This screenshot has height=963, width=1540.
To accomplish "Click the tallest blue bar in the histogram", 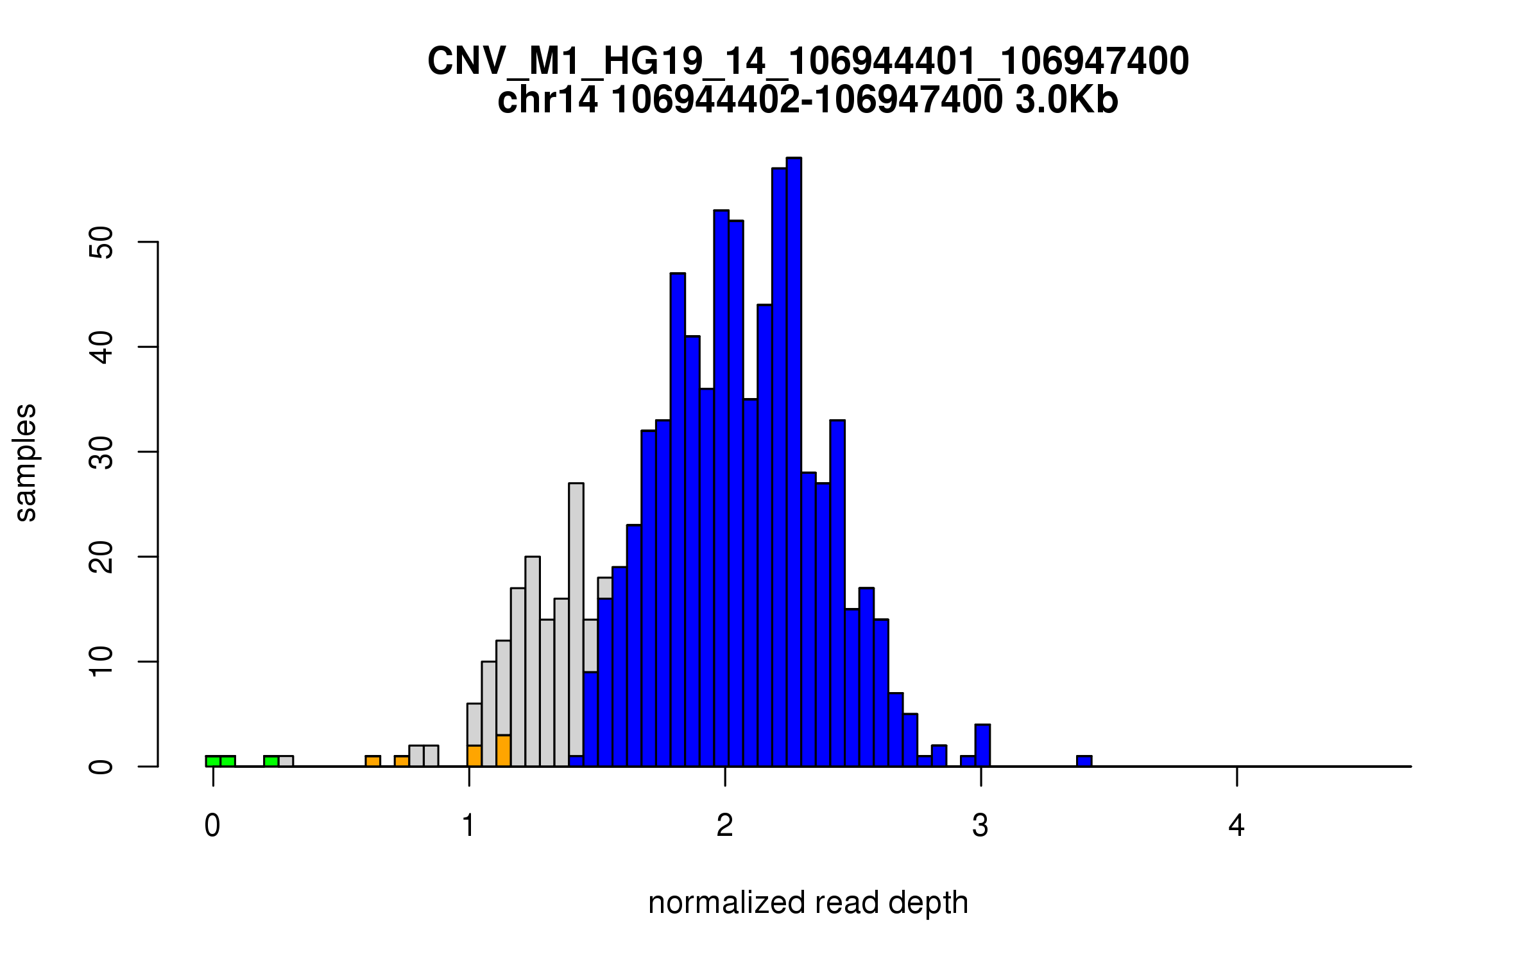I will pos(794,462).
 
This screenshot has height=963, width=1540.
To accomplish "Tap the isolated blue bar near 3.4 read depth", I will pos(1084,761).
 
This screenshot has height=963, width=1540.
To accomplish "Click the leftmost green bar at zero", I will pos(213,761).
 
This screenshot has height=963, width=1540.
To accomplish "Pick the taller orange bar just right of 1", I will pos(504,751).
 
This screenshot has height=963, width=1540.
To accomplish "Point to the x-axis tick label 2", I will pos(725,826).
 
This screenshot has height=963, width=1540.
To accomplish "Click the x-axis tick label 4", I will pos(1236,826).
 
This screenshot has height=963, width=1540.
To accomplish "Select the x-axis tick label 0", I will pos(212,826).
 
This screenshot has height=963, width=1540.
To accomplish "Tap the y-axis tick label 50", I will pos(101,242).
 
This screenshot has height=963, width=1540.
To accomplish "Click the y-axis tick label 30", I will pos(101,452).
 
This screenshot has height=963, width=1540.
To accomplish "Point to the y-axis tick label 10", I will pos(101,662).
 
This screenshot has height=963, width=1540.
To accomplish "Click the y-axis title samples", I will pos(26,463).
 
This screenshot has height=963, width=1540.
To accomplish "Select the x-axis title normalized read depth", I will pos(808,903).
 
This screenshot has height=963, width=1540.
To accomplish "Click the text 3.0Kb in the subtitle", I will pos(1066,101).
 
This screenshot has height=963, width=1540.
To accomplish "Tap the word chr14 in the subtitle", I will pos(547,101).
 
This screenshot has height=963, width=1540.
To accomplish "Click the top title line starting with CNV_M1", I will pos(808,62).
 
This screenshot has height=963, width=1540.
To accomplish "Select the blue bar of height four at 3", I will pos(982,745).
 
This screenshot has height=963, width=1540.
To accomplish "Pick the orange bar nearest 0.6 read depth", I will pos(373,761).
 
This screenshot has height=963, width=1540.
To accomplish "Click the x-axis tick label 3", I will pos(980,826).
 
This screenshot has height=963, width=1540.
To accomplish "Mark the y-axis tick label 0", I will pos(101,767).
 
